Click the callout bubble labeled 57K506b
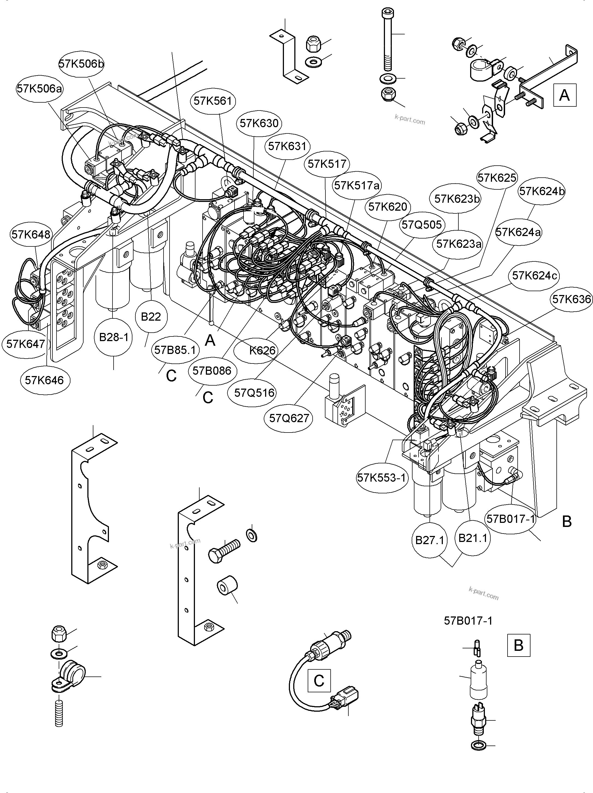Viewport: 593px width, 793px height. click(81, 64)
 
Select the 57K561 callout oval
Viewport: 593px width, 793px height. click(213, 101)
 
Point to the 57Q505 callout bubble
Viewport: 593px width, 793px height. click(422, 225)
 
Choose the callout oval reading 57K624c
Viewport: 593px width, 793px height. click(535, 276)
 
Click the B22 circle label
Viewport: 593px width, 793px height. click(151, 317)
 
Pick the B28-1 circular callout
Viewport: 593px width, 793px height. click(113, 337)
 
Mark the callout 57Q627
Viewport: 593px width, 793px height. click(289, 418)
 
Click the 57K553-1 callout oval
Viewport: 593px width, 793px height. click(382, 478)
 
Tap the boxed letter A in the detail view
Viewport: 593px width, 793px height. click(564, 95)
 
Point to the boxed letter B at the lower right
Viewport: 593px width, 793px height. click(518, 645)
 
